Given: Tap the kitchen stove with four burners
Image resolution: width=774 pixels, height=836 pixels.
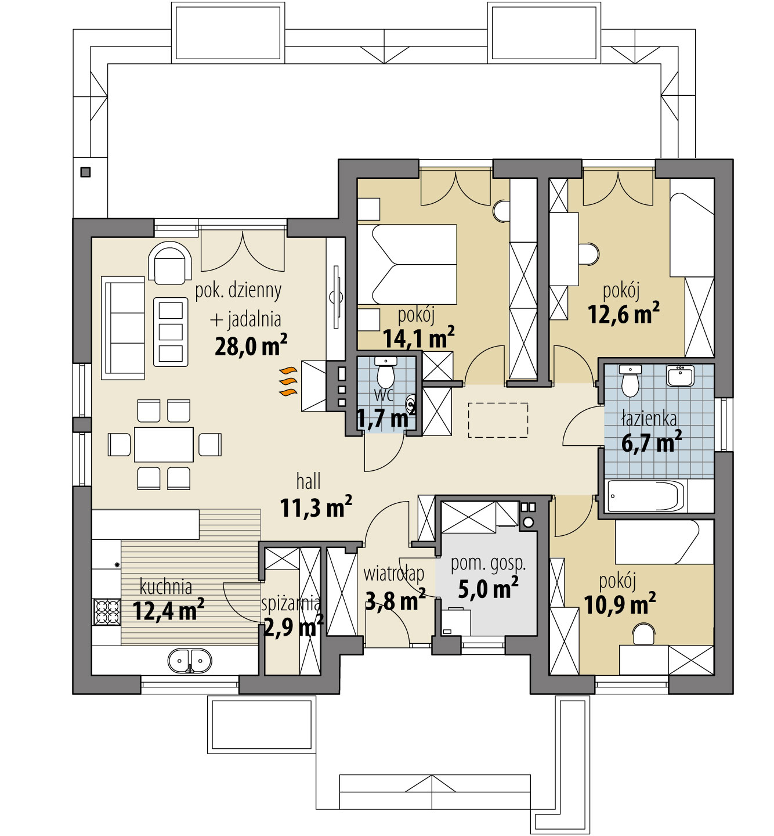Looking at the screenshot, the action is tap(107, 612).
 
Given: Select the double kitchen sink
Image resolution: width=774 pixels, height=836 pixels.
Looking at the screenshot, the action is tap(190, 660).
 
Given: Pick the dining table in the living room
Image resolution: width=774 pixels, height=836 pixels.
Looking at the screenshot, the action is tap(164, 444).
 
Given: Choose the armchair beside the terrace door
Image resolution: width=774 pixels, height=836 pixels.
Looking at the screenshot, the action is tap(169, 264).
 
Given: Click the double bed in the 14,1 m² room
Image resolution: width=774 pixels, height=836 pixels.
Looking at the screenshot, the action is tap(407, 264).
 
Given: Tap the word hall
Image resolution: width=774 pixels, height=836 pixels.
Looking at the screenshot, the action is tap(308, 481).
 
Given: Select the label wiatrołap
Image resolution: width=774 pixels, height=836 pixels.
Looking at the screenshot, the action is tap(393, 574).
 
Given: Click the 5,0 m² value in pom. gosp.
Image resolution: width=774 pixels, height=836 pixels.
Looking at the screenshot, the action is tap(488, 588).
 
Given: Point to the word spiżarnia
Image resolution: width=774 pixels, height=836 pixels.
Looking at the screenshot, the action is tap(291, 604).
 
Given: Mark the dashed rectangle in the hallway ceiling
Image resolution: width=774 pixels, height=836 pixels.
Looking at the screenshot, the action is tap(498, 420).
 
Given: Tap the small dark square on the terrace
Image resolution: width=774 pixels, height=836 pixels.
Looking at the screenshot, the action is tap(85, 172).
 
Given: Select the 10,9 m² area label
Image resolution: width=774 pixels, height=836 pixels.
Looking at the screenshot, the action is tap(620, 604).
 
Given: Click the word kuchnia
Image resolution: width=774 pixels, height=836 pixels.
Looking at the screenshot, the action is tap(166, 587).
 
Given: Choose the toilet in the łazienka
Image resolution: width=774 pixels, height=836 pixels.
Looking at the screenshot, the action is tap(630, 380).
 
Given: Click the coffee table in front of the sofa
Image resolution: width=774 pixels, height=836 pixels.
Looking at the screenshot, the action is tap(171, 331).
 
